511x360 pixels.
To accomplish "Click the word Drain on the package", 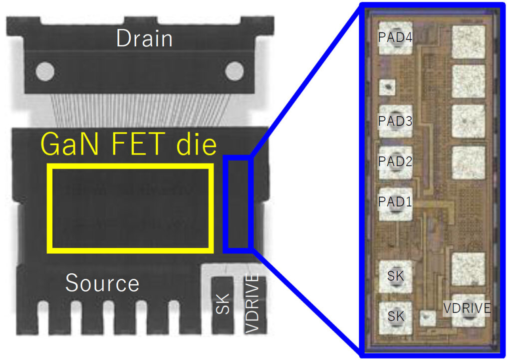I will (x=144, y=39).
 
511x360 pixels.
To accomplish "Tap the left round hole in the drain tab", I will (x=45, y=71).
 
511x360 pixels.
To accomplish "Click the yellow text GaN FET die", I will (x=129, y=145).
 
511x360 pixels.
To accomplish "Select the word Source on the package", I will (x=102, y=283).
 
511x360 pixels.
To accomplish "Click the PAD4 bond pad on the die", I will (x=395, y=38).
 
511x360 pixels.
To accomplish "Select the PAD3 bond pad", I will (x=395, y=121).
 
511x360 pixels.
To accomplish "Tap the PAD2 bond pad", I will (x=395, y=163).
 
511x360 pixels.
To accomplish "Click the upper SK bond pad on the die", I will (x=395, y=276).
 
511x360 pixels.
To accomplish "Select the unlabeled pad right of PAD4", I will (x=468, y=42).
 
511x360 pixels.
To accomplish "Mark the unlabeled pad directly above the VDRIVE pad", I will (x=468, y=269).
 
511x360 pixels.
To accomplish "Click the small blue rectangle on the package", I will (x=237, y=203).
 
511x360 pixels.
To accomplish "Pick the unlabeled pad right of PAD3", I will (x=468, y=121).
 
